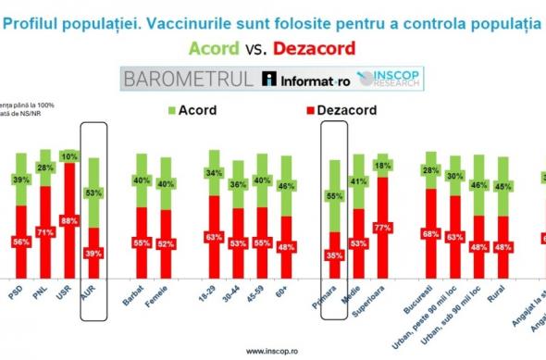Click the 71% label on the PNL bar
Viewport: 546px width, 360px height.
(43, 232)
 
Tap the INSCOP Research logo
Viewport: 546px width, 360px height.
(391, 79)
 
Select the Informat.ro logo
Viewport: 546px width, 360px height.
(302, 80)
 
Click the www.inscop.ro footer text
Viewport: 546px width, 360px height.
(274, 351)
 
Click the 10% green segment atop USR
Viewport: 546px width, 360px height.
(69, 156)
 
